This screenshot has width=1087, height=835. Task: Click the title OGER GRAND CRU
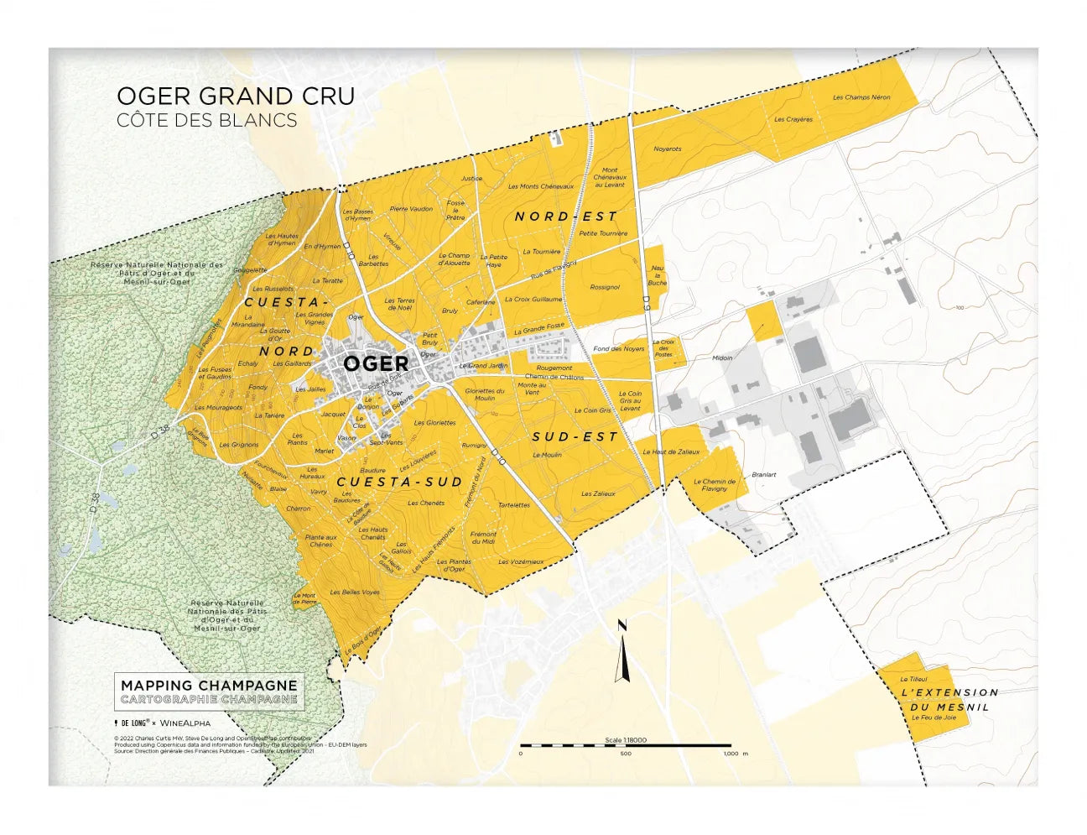tap(236, 96)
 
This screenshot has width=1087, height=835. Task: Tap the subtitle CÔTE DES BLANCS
tap(206, 120)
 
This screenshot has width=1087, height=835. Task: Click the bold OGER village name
tap(376, 363)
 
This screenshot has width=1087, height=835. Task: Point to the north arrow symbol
tap(622, 652)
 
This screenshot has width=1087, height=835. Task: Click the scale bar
tap(625, 745)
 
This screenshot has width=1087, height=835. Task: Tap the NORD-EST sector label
tap(565, 217)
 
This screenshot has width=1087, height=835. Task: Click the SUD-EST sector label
tap(575, 436)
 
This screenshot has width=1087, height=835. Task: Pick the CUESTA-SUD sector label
tap(399, 482)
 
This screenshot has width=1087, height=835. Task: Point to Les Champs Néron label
tap(861, 97)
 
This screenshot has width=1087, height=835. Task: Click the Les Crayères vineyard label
tap(793, 119)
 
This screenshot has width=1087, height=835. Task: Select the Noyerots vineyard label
tap(668, 149)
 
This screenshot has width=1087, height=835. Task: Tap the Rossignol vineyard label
tap(605, 287)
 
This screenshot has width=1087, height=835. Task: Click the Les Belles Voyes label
tap(355, 592)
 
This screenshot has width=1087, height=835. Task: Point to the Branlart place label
tap(763, 475)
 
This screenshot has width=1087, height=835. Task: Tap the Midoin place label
tap(721, 357)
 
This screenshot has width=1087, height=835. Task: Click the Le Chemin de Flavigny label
tap(715, 485)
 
